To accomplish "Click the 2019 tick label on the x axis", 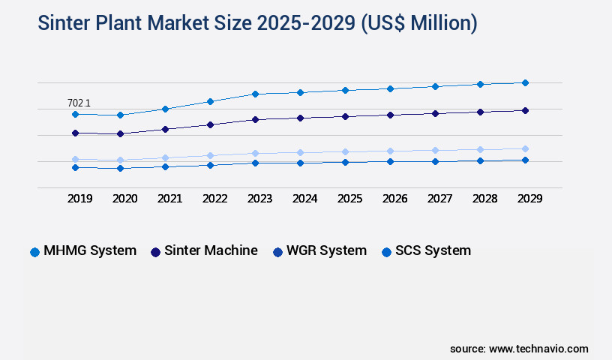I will coord(79,199).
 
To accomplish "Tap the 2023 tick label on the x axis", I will coord(259,199).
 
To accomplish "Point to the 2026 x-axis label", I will coord(394,199).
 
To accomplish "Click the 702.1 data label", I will coord(79,103).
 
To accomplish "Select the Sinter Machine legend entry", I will coord(204,250).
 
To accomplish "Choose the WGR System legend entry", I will coord(319,250).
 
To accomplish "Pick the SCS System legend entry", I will coord(426,250).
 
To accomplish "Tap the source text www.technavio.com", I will coord(538,349).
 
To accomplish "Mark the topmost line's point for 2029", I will coord(525,82).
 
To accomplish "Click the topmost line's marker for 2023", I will coord(255,94).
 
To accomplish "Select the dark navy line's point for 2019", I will coord(75,133).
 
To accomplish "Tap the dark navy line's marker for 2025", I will coord(345,116).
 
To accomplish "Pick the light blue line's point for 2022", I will coord(210,155).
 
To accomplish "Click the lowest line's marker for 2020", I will coord(120,168).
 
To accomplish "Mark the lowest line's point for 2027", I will coord(435,161).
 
